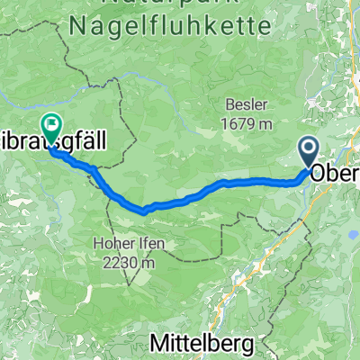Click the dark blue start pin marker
click(309, 150)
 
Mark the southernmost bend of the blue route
click(144, 212)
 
